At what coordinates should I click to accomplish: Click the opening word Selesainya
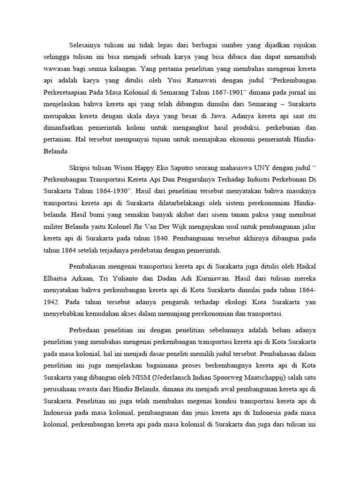click(86, 45)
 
